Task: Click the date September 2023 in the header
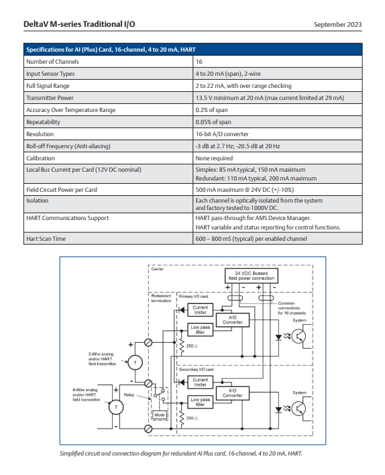pyautogui.click(x=338, y=25)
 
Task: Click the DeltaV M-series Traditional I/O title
pyautogui.click(x=79, y=24)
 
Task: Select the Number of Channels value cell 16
pyautogui.click(x=199, y=62)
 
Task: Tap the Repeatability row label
pyautogui.click(x=43, y=122)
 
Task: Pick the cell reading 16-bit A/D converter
pyautogui.click(x=222, y=134)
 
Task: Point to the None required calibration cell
pyautogui.click(x=214, y=158)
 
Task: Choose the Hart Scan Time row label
pyautogui.click(x=46, y=239)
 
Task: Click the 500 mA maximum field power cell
pyautogui.click(x=244, y=190)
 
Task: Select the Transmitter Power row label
pyautogui.click(x=50, y=98)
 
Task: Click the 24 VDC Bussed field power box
pyautogui.click(x=251, y=276)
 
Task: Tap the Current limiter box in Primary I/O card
pyautogui.click(x=201, y=310)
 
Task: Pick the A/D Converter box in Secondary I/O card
pyautogui.click(x=233, y=393)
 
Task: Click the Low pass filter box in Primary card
pyautogui.click(x=201, y=329)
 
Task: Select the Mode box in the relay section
pyautogui.click(x=160, y=415)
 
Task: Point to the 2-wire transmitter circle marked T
pyautogui.click(x=135, y=362)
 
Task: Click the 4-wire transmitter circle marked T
pyautogui.click(x=116, y=407)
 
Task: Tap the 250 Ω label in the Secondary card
pyautogui.click(x=192, y=418)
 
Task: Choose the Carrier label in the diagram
pyautogui.click(x=157, y=269)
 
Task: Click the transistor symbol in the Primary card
pyautogui.click(x=298, y=336)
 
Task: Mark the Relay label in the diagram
pyautogui.click(x=129, y=394)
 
